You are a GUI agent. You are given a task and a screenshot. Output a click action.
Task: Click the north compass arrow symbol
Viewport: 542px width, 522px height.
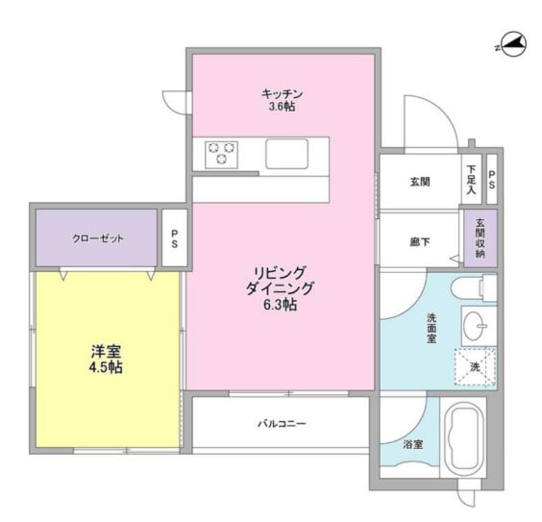click(x=511, y=42)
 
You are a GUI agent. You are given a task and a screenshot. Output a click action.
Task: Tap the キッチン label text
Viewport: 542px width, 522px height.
click(x=283, y=93)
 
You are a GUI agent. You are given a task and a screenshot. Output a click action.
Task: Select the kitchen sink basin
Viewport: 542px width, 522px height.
click(x=286, y=153)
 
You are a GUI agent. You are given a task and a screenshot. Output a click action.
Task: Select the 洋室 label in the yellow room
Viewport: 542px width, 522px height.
click(x=107, y=351)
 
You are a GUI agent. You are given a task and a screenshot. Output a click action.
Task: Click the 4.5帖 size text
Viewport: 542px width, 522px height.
click(x=107, y=367)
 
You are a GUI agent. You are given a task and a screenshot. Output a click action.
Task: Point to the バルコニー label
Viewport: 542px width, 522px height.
click(x=282, y=423)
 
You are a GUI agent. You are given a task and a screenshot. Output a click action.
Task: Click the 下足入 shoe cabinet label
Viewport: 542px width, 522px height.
click(x=472, y=178)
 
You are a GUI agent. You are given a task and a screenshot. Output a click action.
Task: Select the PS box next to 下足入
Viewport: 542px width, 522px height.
click(x=492, y=178)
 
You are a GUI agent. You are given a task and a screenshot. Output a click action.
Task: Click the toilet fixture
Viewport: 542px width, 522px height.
click(x=473, y=288)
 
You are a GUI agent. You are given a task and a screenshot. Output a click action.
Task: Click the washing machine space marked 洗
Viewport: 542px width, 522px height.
click(x=475, y=366)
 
